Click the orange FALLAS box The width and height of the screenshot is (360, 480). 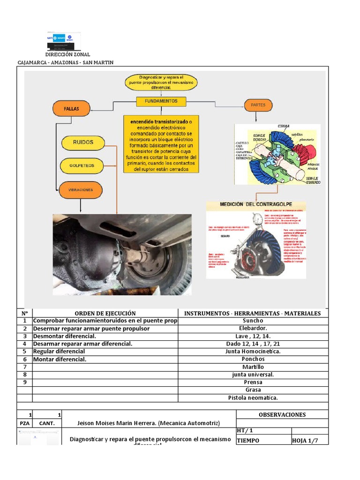pos(72,109)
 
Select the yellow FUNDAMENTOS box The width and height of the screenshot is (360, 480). pos(161,101)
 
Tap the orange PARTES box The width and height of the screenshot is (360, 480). pos(258,105)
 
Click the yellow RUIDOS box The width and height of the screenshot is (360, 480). pos(82,142)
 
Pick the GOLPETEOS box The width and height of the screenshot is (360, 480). pos(82,165)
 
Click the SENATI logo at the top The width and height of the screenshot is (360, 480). pos(64,40)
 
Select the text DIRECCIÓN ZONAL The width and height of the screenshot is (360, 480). pos(67,55)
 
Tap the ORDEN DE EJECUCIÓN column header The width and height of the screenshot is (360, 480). pos(105,313)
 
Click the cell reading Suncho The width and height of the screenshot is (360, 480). pos(253,321)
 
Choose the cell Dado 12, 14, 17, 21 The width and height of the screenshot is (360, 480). pos(253,344)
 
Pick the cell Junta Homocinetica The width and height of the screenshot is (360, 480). pos(253,352)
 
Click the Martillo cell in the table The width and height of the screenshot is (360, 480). pos(253,367)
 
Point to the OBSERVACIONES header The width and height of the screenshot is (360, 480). pos(282,414)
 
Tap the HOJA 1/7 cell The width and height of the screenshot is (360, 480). pos(309,441)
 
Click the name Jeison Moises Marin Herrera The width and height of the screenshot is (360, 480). pos(148,423)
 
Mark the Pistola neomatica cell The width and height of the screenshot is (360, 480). pos(253,397)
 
